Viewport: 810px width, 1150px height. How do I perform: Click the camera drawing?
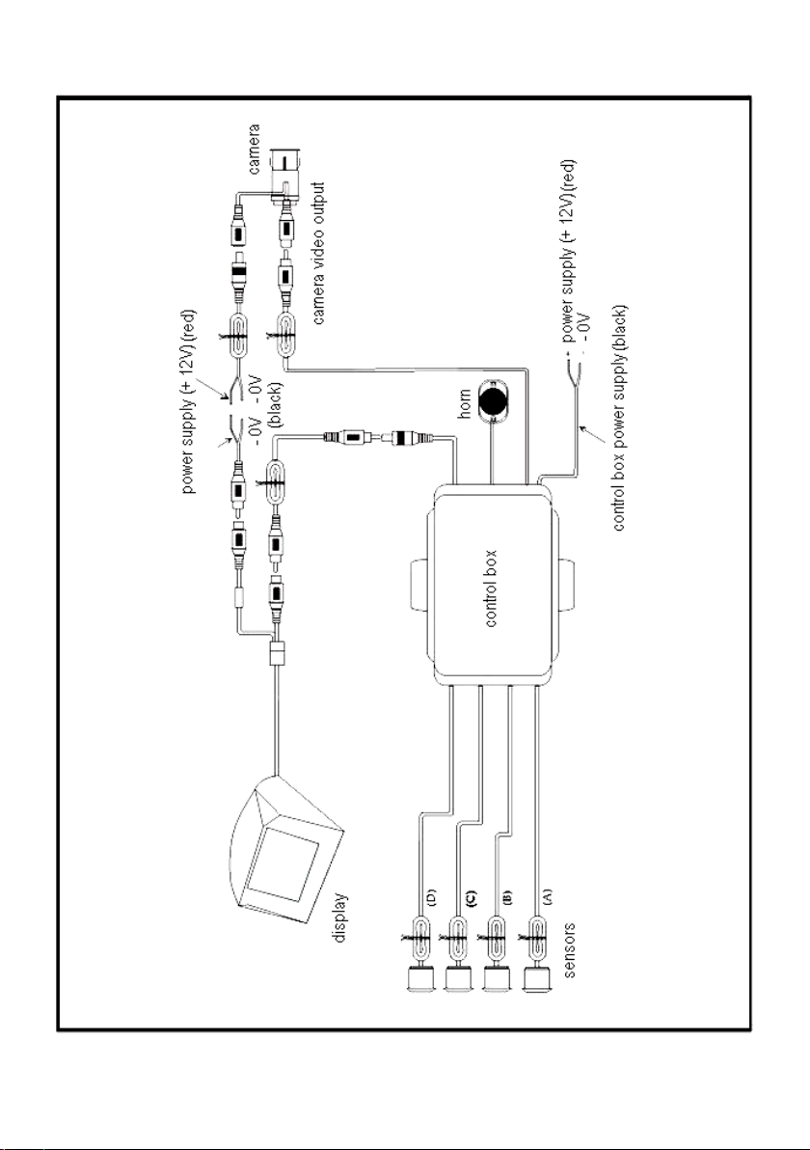pyautogui.click(x=285, y=173)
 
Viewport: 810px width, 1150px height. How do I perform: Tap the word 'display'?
pyautogui.click(x=341, y=917)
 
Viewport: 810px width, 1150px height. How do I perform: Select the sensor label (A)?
pyautogui.click(x=547, y=896)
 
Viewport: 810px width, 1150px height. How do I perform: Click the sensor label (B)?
pyautogui.click(x=507, y=896)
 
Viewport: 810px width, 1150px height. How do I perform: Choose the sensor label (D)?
pyautogui.click(x=431, y=896)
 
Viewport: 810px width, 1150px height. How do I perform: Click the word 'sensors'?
pyautogui.click(x=570, y=950)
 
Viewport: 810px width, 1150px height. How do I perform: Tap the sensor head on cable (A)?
pyautogui.click(x=538, y=980)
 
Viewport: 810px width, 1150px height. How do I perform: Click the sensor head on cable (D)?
pyautogui.click(x=420, y=980)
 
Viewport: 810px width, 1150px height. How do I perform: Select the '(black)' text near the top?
pyautogui.click(x=279, y=404)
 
